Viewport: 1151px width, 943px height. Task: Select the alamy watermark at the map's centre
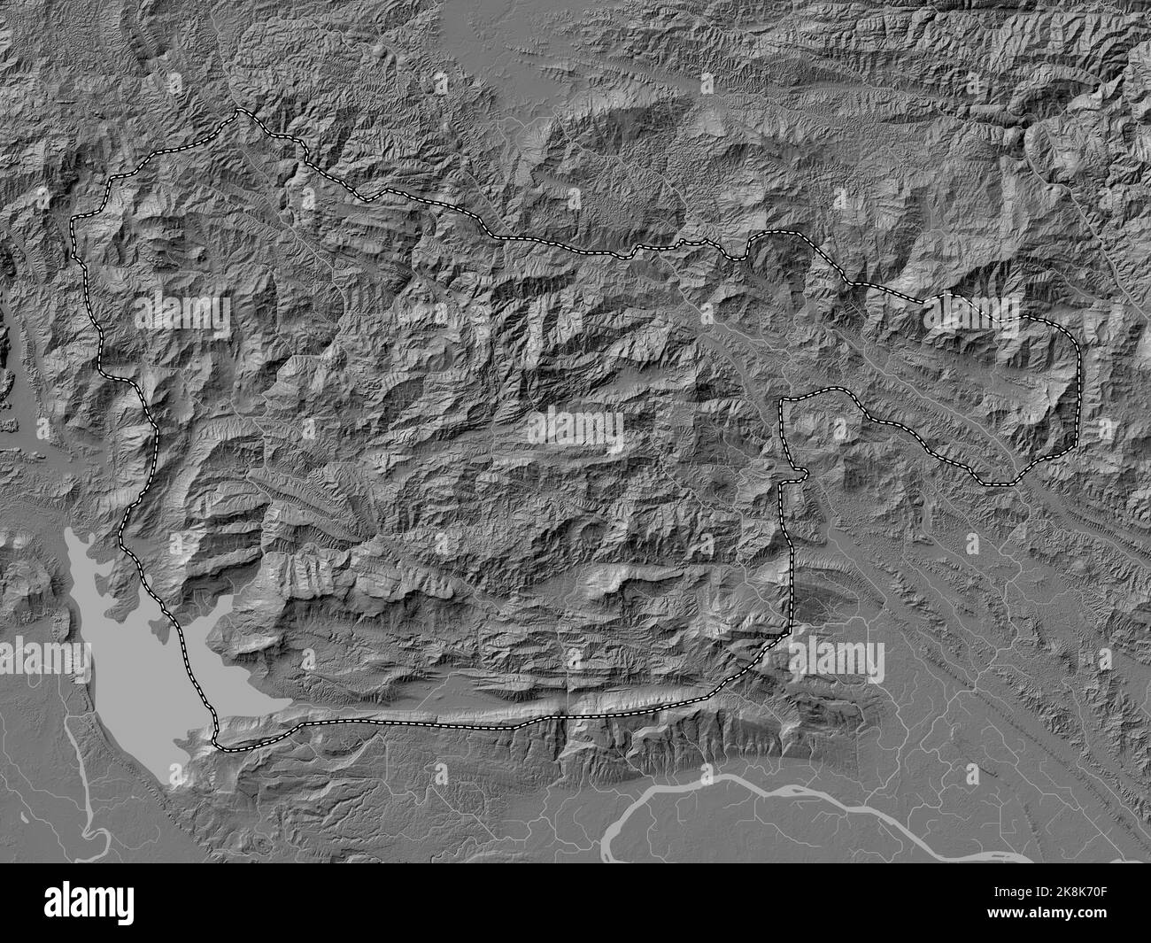(576, 430)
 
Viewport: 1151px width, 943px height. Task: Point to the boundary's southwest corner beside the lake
(218, 742)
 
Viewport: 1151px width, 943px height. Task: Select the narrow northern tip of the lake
(74, 536)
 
